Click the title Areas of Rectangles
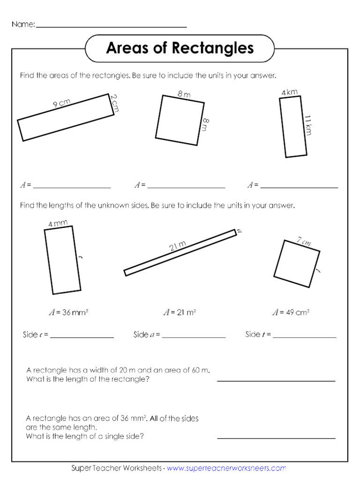coord(180,48)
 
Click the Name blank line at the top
coord(111,27)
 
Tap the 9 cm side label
coord(61,104)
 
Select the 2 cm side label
coord(115,103)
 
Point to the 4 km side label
coord(290,93)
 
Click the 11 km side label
coord(308,125)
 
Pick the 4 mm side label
coord(58,224)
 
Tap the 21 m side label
coord(178,246)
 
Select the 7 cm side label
coord(304,242)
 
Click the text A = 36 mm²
coord(68,312)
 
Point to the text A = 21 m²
coord(179,312)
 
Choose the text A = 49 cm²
coord(291,312)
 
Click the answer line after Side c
coord(82,337)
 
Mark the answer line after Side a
coord(194,337)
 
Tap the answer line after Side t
coord(305,337)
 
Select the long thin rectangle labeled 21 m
coord(180,252)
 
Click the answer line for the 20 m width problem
coord(276,381)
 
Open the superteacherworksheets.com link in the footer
coord(226,468)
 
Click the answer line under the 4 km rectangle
coord(299,187)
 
